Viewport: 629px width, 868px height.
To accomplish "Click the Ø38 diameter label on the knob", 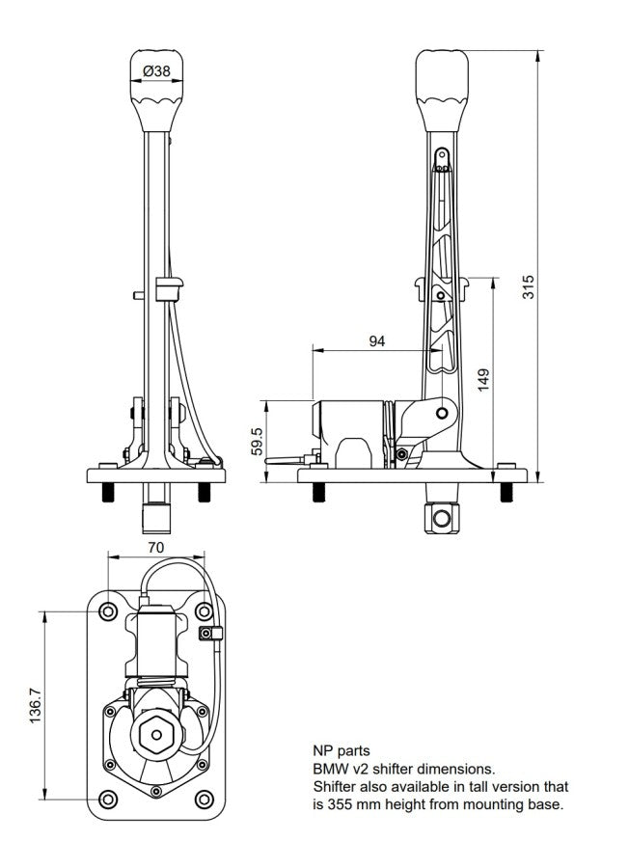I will pos(156,70).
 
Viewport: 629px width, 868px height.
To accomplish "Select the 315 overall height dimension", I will pos(529,285).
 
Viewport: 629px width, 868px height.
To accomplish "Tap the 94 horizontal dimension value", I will pos(376,339).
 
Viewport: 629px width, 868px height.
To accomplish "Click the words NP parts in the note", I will pos(341,749).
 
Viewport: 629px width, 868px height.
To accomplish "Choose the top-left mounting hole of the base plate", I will pos(108,610).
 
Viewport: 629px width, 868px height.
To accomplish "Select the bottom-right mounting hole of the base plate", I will pos(205,800).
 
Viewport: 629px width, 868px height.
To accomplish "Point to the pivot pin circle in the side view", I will pos(442,414).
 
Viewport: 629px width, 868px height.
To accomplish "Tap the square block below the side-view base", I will pos(441,518).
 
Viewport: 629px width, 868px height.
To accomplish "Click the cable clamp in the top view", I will pos(209,633).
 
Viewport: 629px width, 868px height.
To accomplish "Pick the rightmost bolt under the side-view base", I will pos(506,492).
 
